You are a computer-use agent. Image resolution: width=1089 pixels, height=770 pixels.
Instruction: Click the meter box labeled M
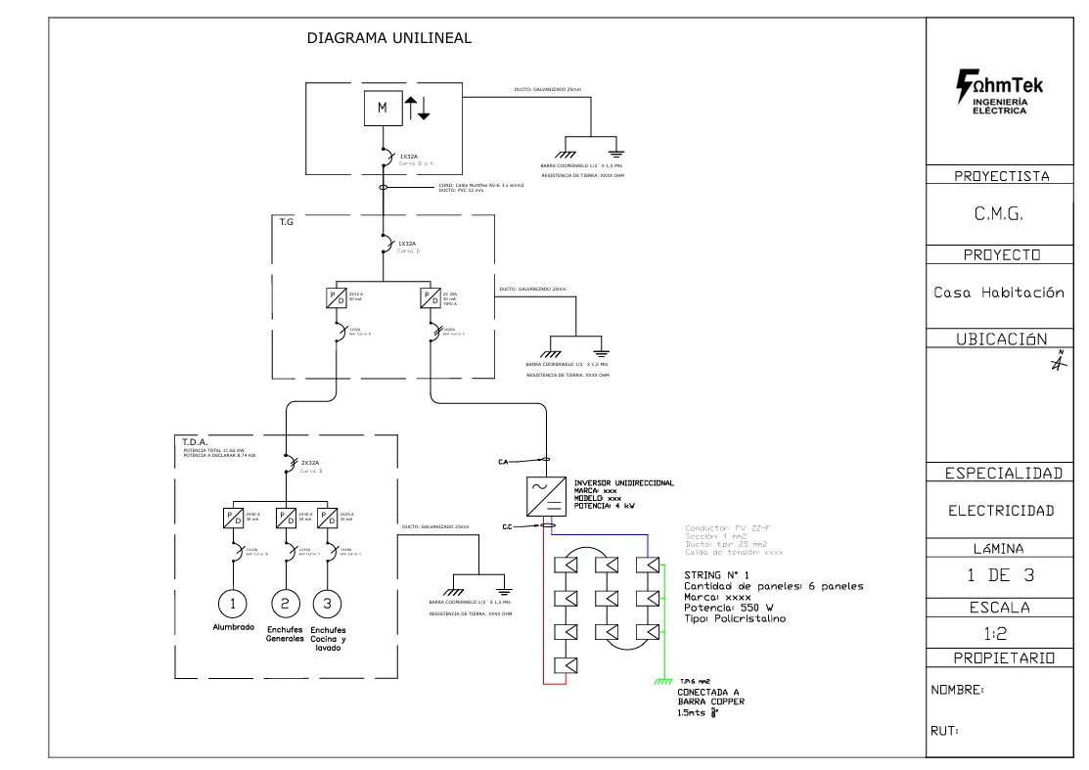tap(383, 109)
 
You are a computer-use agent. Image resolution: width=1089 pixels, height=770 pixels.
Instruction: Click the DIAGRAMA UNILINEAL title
tap(389, 38)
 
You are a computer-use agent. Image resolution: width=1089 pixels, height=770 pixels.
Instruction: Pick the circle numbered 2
tap(285, 601)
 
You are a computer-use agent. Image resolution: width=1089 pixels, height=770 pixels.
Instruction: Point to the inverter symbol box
tap(551, 495)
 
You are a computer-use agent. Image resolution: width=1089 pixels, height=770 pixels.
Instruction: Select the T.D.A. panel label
tap(194, 441)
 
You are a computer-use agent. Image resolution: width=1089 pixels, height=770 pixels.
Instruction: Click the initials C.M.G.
tap(1007, 216)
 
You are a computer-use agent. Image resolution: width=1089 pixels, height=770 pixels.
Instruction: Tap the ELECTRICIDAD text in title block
tap(1007, 510)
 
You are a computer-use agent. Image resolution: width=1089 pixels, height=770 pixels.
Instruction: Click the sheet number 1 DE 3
tap(1007, 574)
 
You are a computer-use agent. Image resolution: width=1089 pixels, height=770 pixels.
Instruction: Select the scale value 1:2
tap(1007, 634)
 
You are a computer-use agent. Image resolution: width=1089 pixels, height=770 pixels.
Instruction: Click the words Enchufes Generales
tap(285, 634)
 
